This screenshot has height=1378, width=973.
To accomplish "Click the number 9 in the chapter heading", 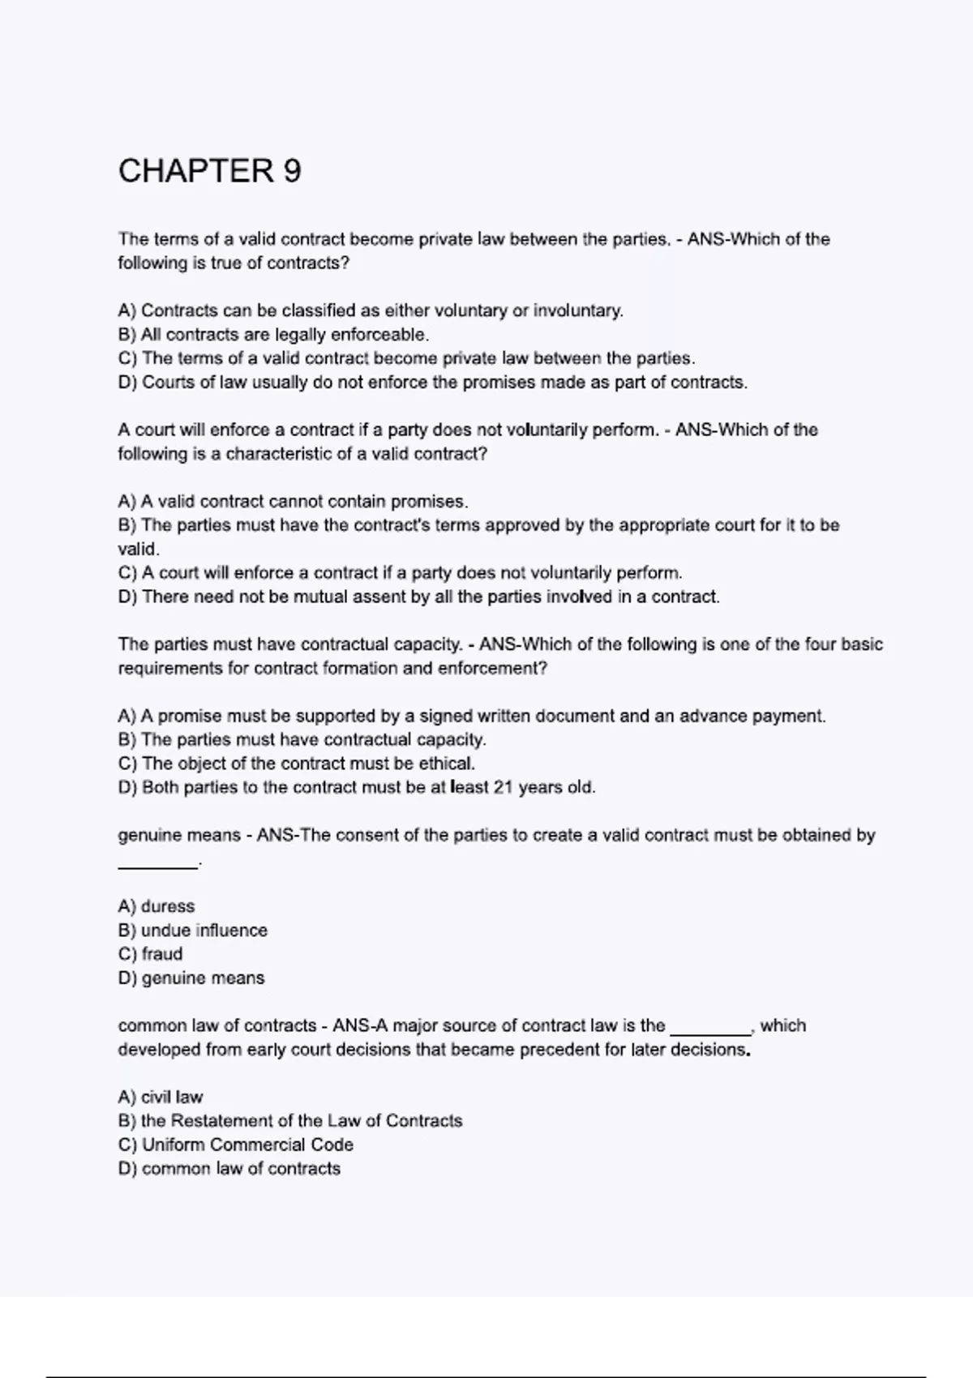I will (292, 171).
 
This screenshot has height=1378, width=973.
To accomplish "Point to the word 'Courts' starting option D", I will (167, 383).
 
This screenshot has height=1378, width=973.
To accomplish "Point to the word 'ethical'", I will (446, 764).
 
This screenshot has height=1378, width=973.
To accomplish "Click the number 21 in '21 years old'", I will (503, 788).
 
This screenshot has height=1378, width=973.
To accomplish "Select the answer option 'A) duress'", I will (156, 906).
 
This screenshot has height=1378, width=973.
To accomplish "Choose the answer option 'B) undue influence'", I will (193, 931).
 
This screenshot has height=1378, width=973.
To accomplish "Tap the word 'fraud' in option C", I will (162, 954).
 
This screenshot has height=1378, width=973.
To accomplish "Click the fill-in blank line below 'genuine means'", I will (158, 867).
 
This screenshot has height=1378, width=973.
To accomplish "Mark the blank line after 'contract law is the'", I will (710, 1033).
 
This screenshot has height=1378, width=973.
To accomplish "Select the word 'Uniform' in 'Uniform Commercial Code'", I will (173, 1145).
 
